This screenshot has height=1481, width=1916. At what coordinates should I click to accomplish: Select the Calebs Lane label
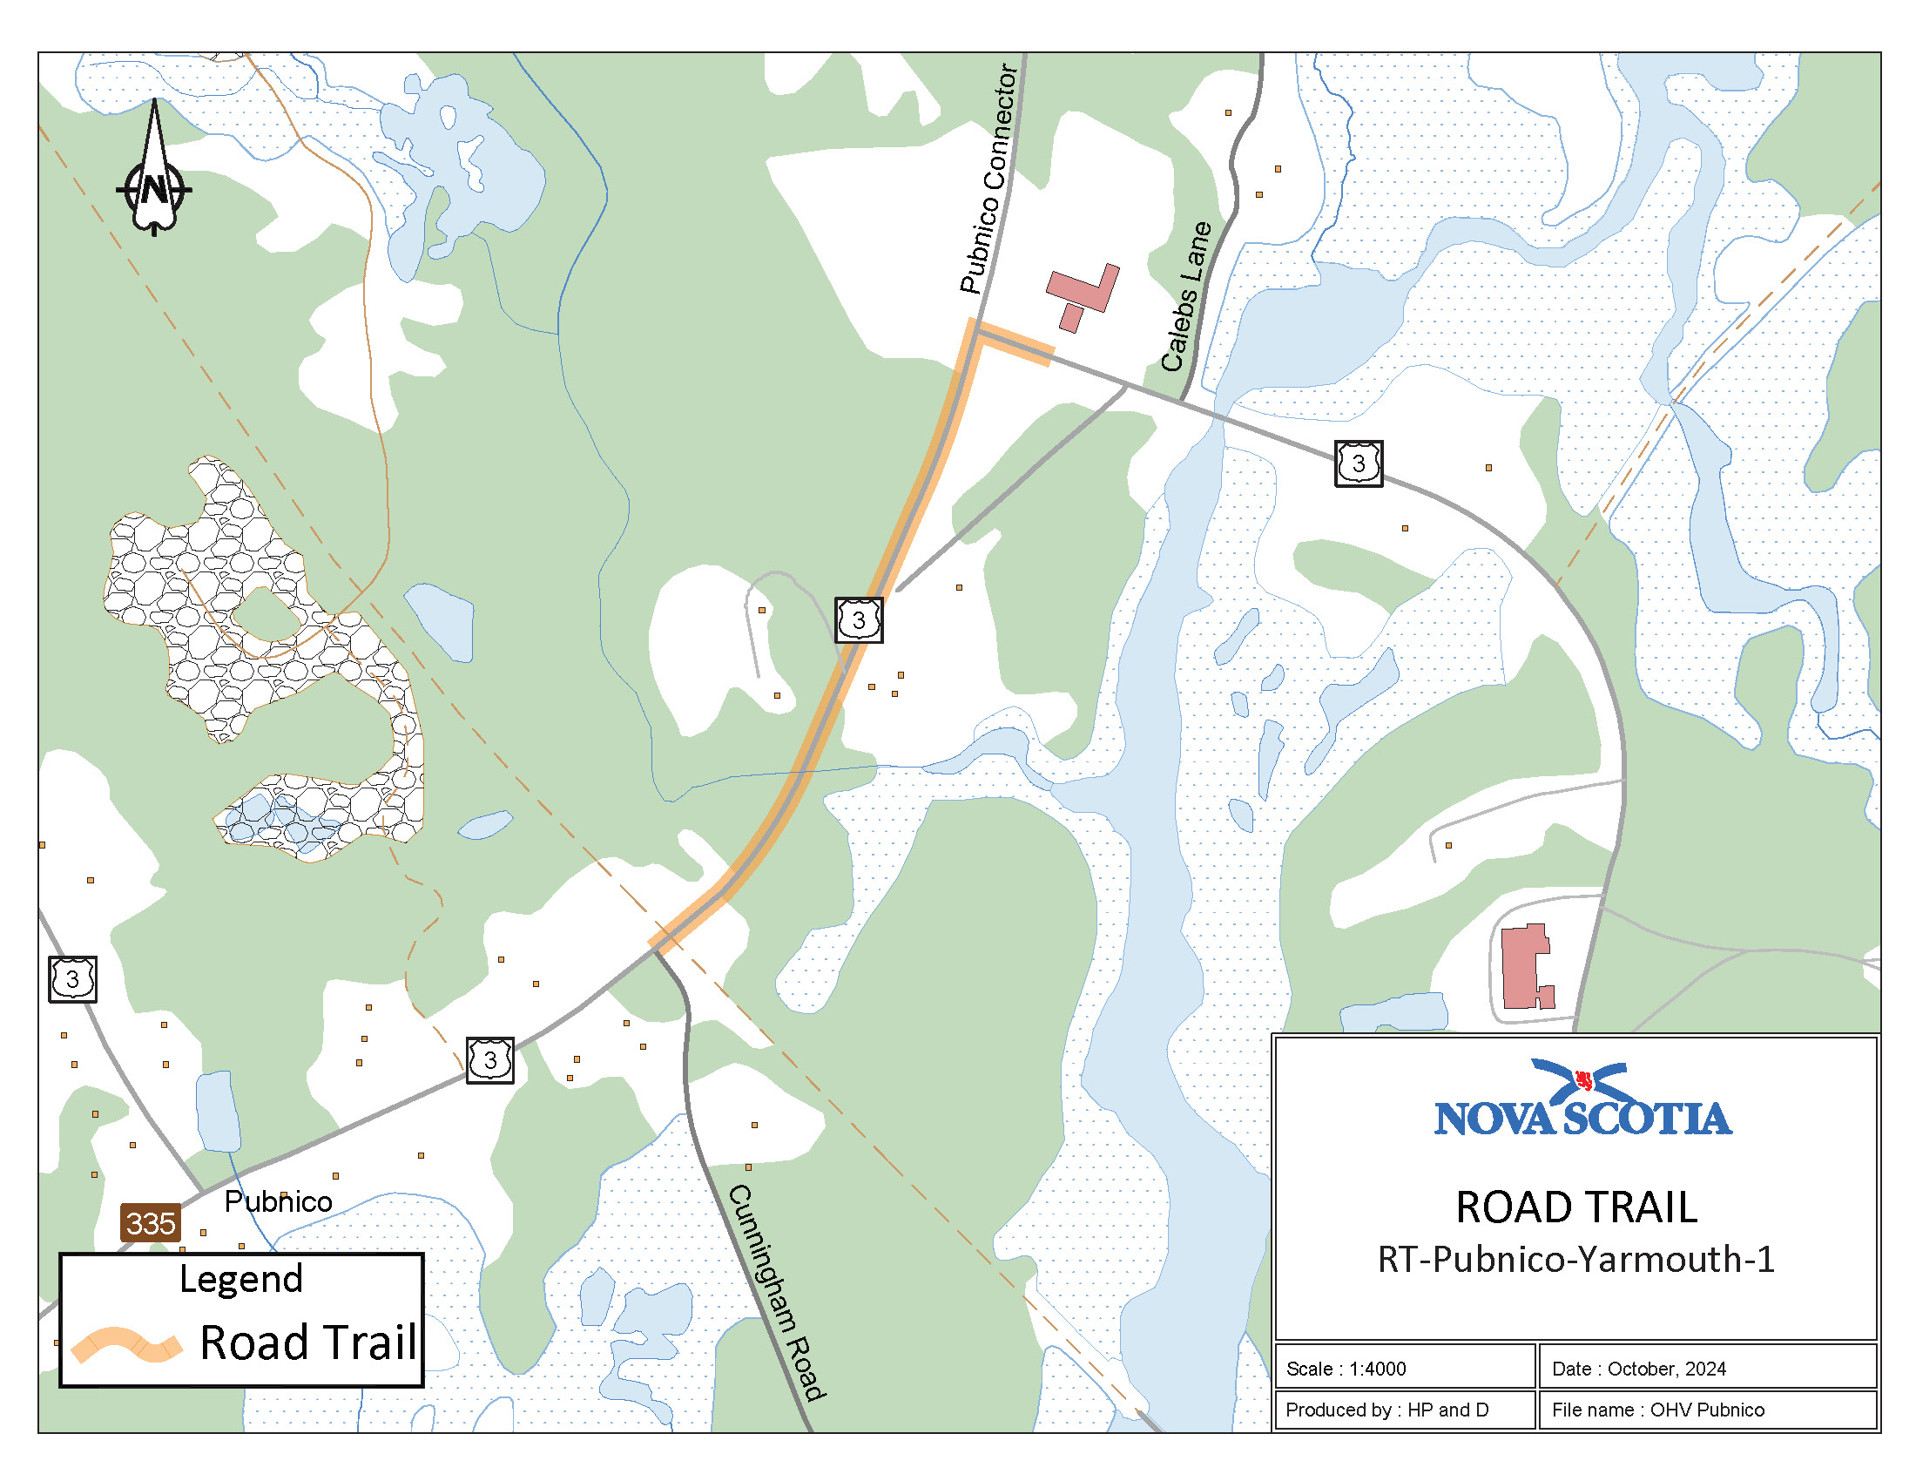pos(1187,297)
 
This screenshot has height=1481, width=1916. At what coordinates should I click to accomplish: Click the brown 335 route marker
pos(150,1222)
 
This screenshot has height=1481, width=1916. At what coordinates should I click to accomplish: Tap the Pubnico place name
pos(278,1201)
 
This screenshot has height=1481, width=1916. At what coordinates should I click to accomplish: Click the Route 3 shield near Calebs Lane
pos(1358,463)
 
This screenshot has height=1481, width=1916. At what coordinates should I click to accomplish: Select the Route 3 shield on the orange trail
pos(858,620)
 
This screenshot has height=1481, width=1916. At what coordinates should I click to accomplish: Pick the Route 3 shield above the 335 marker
pos(72,979)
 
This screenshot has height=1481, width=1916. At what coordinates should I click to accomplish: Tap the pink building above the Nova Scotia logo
pos(1526,969)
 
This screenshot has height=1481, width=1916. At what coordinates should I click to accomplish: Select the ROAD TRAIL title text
pos(1576,1207)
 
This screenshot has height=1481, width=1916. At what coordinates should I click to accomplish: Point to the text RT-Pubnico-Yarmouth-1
pos(1575,1259)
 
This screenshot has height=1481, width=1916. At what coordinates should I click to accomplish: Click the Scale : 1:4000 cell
pos(1404,1368)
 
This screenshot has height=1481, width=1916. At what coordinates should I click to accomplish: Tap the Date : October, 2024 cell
pos(1706,1368)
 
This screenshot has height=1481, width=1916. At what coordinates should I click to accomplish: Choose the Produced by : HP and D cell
pos(1404,1409)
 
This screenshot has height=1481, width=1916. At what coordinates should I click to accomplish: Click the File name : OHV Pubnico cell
pos(1706,1409)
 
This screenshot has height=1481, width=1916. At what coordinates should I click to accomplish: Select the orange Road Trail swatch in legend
pos(126,1345)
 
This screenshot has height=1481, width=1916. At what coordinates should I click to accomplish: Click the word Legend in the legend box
pos(241,1278)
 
